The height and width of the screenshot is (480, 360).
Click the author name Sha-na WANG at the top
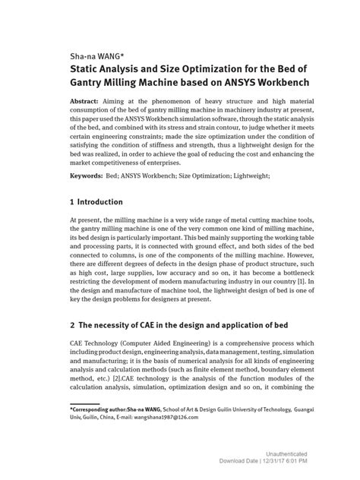(86, 56)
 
